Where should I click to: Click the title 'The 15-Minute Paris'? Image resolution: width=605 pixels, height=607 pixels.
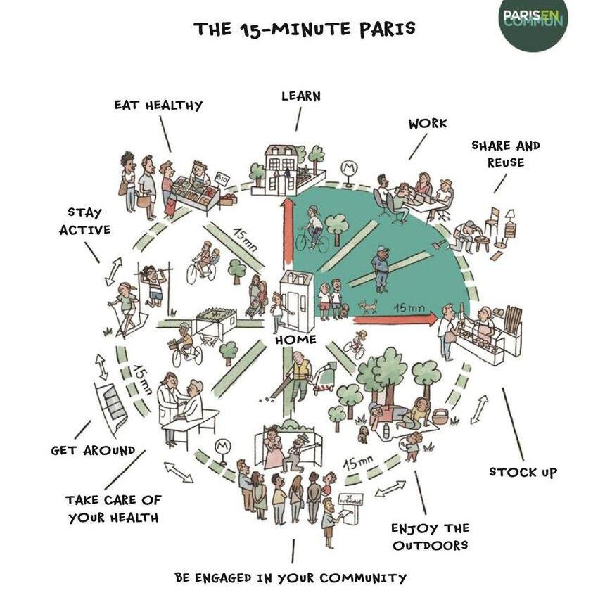pyautogui.click(x=304, y=29)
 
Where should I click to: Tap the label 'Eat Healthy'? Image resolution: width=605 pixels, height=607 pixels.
pyautogui.click(x=158, y=106)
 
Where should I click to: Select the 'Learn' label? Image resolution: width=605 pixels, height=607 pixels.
pyautogui.click(x=300, y=96)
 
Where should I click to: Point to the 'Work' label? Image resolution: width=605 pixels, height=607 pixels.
pyautogui.click(x=428, y=123)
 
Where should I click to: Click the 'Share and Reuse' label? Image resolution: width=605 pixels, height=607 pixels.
pyautogui.click(x=505, y=154)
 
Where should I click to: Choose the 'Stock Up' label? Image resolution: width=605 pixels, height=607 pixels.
pyautogui.click(x=523, y=472)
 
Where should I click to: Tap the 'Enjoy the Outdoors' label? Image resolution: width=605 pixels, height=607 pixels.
pyautogui.click(x=430, y=536)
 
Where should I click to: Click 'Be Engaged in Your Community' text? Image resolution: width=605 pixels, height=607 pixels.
pyautogui.click(x=291, y=578)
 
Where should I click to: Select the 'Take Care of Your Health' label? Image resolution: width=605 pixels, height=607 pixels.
pyautogui.click(x=114, y=509)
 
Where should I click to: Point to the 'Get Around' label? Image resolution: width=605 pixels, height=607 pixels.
pyautogui.click(x=93, y=450)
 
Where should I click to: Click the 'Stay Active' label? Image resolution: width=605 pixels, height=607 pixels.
pyautogui.click(x=89, y=221)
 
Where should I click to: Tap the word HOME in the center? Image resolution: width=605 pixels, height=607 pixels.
pyautogui.click(x=295, y=340)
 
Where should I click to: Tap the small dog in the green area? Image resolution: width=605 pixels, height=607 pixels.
pyautogui.click(x=367, y=307)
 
